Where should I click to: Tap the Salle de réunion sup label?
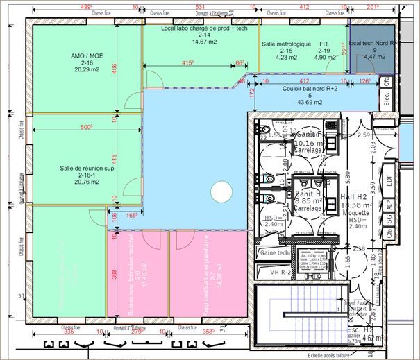[x=86, y=168]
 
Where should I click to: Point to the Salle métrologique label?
[x=287, y=44]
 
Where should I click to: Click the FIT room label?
[x=324, y=44]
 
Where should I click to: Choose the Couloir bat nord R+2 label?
[x=310, y=89]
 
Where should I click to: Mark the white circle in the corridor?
[x=221, y=189]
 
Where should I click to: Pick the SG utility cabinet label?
[x=389, y=219]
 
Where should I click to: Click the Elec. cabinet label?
[x=387, y=101]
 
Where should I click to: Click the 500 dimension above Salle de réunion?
[x=86, y=128]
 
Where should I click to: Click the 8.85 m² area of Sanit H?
[x=308, y=201]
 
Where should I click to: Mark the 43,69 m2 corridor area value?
[x=310, y=102]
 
